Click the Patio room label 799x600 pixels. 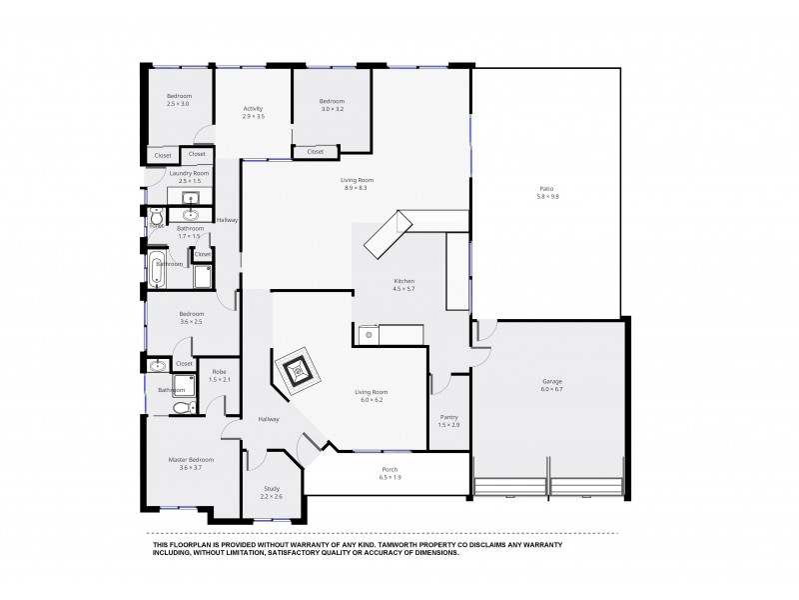(x=547, y=188)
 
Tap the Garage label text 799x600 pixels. (x=552, y=381)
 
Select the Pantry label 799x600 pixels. (x=448, y=417)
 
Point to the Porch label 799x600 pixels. (x=390, y=469)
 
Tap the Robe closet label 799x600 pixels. (x=220, y=371)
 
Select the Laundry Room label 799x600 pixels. (x=188, y=173)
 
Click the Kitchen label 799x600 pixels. (x=403, y=281)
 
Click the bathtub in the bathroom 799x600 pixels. (x=157, y=270)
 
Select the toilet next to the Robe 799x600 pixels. (x=182, y=407)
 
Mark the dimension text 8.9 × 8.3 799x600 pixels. (x=357, y=188)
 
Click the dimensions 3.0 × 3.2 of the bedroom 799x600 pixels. (x=332, y=108)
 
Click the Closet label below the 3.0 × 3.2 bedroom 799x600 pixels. (x=315, y=152)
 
